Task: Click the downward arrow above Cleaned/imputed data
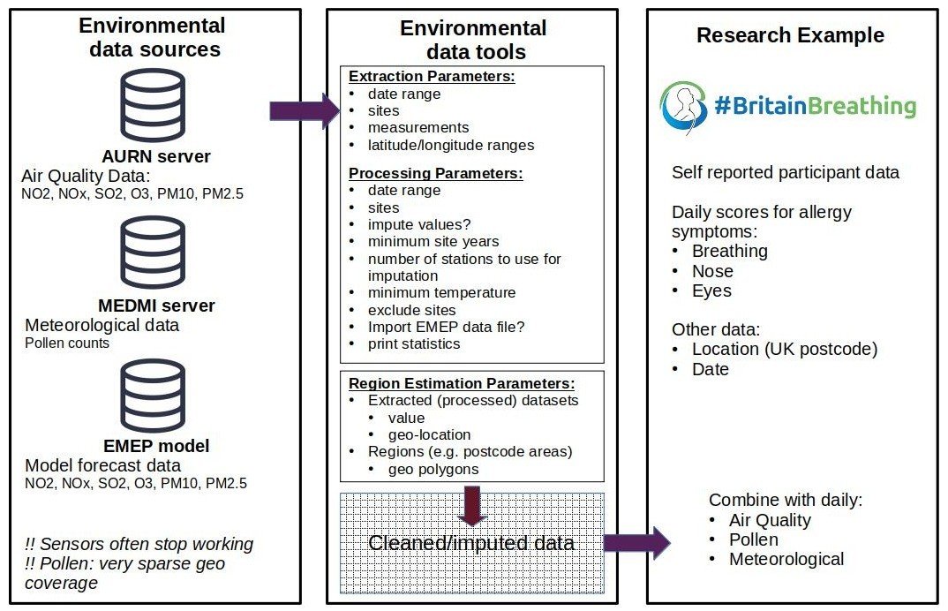[x=473, y=505]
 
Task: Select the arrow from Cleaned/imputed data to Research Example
[x=636, y=541]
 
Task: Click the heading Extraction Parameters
[x=432, y=77]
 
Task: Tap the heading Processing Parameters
[x=436, y=173]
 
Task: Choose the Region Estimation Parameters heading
[x=462, y=383]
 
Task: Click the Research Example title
[x=790, y=35]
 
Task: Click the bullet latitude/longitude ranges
[x=451, y=145]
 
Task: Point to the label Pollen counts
[x=67, y=343]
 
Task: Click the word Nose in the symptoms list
[x=712, y=271]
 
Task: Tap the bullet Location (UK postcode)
[x=784, y=349]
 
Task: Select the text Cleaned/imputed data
[x=471, y=543]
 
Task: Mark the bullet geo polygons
[x=433, y=469]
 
